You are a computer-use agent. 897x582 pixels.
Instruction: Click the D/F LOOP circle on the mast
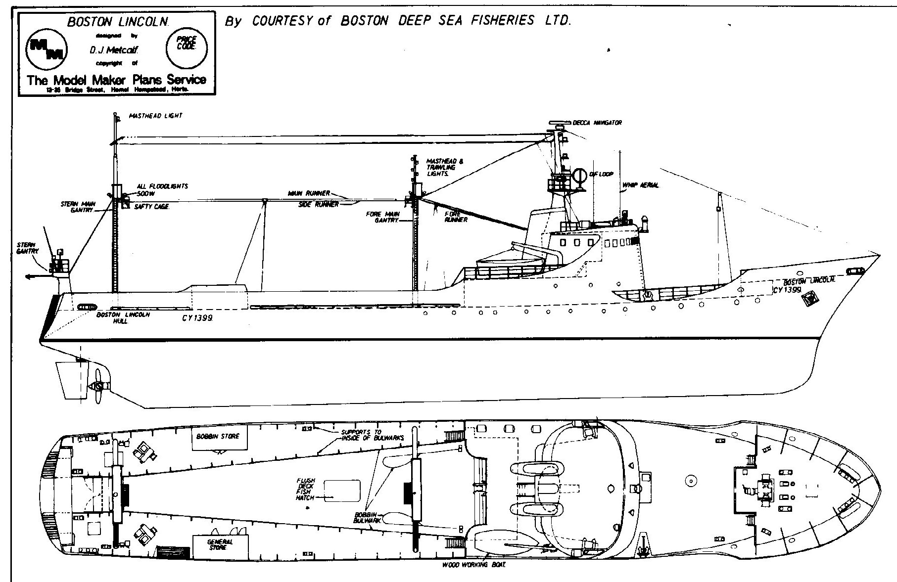pos(578,176)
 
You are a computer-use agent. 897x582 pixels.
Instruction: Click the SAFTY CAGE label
pos(152,206)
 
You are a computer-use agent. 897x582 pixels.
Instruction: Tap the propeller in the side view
pos(97,387)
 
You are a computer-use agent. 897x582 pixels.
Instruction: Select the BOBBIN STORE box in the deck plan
pos(219,437)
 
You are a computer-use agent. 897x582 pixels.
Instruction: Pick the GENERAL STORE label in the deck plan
pos(220,544)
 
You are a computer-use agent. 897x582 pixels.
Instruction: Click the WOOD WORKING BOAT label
pos(473,565)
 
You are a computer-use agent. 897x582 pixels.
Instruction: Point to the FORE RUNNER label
pos(455,217)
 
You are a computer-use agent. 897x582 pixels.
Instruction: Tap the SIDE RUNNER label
pos(319,204)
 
